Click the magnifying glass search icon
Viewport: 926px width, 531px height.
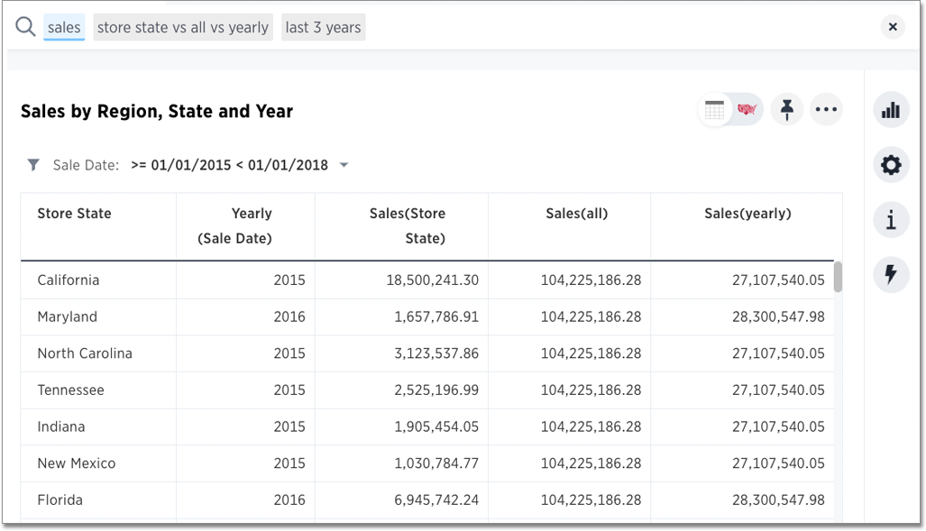click(x=25, y=27)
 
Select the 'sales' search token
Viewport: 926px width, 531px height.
click(x=64, y=27)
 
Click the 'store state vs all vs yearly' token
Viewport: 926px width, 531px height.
click(x=183, y=27)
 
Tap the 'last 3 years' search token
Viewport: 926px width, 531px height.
click(x=323, y=27)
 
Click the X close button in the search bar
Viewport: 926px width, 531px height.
click(x=892, y=27)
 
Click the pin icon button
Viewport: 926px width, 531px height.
click(x=786, y=110)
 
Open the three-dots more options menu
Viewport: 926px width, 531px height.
click(x=826, y=110)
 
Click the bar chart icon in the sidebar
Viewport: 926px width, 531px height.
click(x=891, y=110)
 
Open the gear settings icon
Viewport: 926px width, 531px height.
click(x=891, y=165)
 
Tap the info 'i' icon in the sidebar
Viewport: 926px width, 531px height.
click(x=891, y=220)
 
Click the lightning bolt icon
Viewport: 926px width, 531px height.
click(x=891, y=274)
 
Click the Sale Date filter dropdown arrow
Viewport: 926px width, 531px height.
click(x=344, y=166)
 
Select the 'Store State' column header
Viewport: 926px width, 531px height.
click(x=74, y=214)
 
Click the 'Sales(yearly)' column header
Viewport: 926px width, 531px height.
click(x=747, y=214)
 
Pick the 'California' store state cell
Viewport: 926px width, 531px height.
click(x=69, y=280)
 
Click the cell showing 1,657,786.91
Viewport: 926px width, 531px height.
click(x=436, y=317)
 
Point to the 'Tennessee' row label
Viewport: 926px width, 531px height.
click(x=70, y=390)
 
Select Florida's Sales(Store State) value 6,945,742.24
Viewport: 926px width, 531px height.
click(x=436, y=500)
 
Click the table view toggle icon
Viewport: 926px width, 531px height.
click(x=715, y=110)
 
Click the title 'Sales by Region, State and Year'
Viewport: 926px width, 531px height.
click(x=157, y=112)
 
